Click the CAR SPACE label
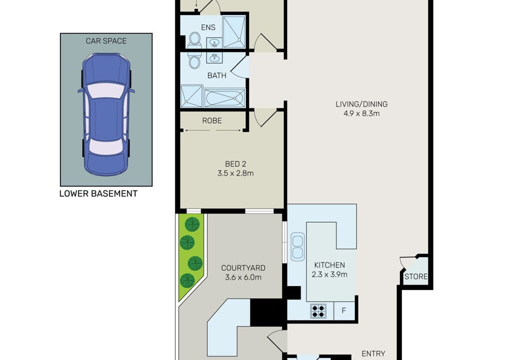pos(106,41)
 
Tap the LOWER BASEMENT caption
pos(98,193)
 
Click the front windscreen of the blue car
pos(106,90)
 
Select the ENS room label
pos(208,27)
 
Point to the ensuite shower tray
pos(234,31)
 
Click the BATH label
pos(217,75)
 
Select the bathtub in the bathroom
pos(224,97)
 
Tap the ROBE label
pos(212,121)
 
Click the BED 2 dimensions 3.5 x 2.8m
pos(235,173)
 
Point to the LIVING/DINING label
pos(361,104)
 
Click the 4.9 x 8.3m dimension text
pos(361,113)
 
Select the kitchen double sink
pos(297,246)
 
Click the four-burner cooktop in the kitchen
pos(318,311)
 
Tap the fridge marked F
pos(344,310)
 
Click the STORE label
pos(416,276)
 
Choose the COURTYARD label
pos(243,268)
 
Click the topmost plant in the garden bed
pos(192,224)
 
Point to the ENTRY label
pos(373,354)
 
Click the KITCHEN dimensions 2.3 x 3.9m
pos(329,274)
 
